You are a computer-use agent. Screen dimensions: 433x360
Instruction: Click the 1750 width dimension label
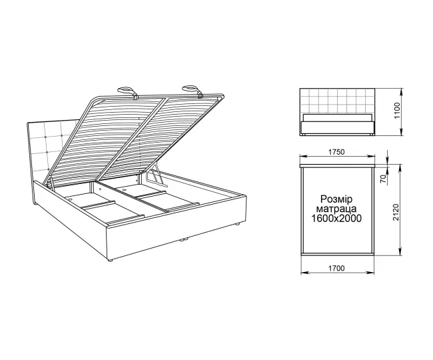click(336, 152)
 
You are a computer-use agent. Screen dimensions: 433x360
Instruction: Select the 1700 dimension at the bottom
click(336, 268)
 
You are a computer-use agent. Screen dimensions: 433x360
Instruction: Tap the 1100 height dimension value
click(397, 111)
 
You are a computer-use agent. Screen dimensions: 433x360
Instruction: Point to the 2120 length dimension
click(396, 212)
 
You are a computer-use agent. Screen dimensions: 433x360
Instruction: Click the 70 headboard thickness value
click(383, 179)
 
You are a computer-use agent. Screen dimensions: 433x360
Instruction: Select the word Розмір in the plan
click(336, 199)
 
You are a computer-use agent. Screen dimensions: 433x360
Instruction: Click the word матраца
click(336, 209)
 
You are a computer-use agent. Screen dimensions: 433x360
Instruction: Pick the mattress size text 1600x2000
click(336, 218)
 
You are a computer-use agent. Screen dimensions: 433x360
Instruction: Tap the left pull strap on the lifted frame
click(128, 92)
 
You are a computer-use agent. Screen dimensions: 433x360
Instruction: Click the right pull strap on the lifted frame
click(193, 91)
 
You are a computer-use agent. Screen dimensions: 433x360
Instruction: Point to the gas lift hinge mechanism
click(154, 175)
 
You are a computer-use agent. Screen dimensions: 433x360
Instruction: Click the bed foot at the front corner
click(110, 260)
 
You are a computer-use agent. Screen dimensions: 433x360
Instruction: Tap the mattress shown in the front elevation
click(337, 117)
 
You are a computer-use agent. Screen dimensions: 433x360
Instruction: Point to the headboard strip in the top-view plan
click(337, 165)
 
